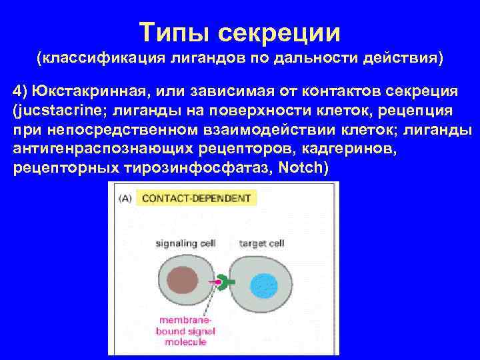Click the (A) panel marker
click(125, 198)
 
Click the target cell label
click(262, 243)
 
